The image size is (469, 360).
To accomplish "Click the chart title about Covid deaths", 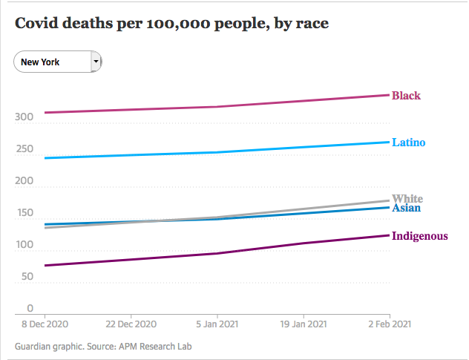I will click(172, 23).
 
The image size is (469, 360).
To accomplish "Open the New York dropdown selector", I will click(52, 62).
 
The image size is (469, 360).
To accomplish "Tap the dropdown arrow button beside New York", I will click(95, 62).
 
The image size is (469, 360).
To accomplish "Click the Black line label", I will click(406, 96).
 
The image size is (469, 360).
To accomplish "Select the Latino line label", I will click(408, 142).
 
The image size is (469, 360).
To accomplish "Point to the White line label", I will click(407, 198).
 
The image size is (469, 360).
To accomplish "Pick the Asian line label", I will click(406, 208).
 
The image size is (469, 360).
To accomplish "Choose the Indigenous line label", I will click(419, 236).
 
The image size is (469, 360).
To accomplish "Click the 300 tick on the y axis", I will click(24, 117).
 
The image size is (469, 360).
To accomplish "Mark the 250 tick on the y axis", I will click(24, 149).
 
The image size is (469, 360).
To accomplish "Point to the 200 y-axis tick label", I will click(24, 181).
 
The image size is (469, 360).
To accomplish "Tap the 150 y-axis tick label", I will click(24, 213).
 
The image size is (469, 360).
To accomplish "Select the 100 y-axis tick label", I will click(24, 245).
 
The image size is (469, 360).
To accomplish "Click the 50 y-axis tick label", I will click(27, 277).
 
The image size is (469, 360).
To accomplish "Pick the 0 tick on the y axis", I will click(30, 308).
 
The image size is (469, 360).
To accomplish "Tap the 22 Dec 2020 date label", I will click(131, 324).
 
